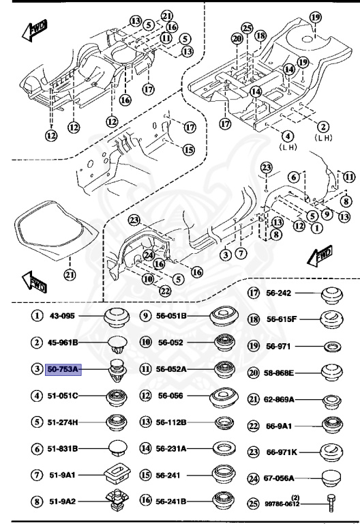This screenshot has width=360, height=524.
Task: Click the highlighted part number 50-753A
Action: pos(63,369)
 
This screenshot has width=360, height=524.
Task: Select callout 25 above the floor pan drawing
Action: pos(246,28)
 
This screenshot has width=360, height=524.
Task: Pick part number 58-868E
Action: pos(280,373)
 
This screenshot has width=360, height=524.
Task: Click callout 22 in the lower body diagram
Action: pos(164,291)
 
